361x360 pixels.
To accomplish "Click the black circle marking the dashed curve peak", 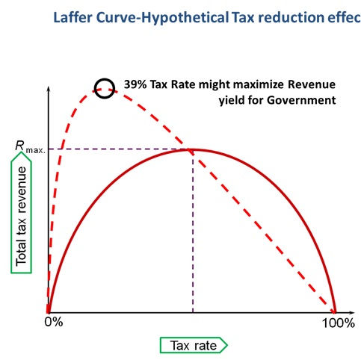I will click(104, 88).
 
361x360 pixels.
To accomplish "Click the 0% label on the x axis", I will click(54, 323).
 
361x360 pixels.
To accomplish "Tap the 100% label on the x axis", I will click(338, 323).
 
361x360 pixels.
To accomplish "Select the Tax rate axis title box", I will click(193, 344).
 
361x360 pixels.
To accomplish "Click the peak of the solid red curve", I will click(192, 150).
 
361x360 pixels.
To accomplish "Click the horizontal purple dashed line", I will click(120, 149).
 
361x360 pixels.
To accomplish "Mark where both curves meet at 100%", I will click(335, 312).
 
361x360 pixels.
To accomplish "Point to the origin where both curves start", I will click(49, 312).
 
